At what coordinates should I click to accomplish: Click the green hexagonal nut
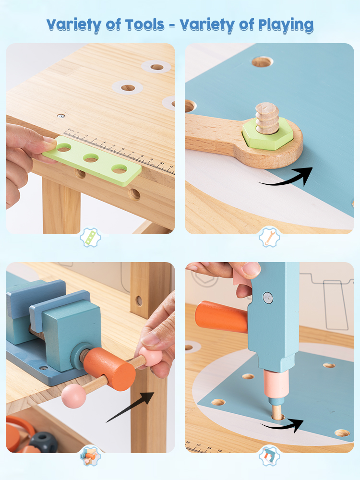267,133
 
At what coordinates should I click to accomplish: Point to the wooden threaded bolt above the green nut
267,118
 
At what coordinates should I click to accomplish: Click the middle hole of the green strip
91,158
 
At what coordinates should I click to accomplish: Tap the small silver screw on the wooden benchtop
61,116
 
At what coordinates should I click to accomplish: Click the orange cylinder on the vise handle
109,369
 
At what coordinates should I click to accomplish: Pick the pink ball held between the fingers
150,358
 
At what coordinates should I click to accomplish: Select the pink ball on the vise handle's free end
73,396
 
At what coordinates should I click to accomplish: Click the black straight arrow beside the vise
130,407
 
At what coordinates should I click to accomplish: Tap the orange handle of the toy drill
221,316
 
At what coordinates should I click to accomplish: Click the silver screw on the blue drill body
268,298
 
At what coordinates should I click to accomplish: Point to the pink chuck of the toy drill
276,384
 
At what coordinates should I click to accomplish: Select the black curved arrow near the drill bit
282,425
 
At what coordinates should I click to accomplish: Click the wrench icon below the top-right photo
269,237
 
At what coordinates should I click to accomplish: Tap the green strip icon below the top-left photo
90,238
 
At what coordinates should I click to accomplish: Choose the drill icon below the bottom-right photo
269,456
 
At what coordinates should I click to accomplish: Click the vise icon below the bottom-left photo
90,456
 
